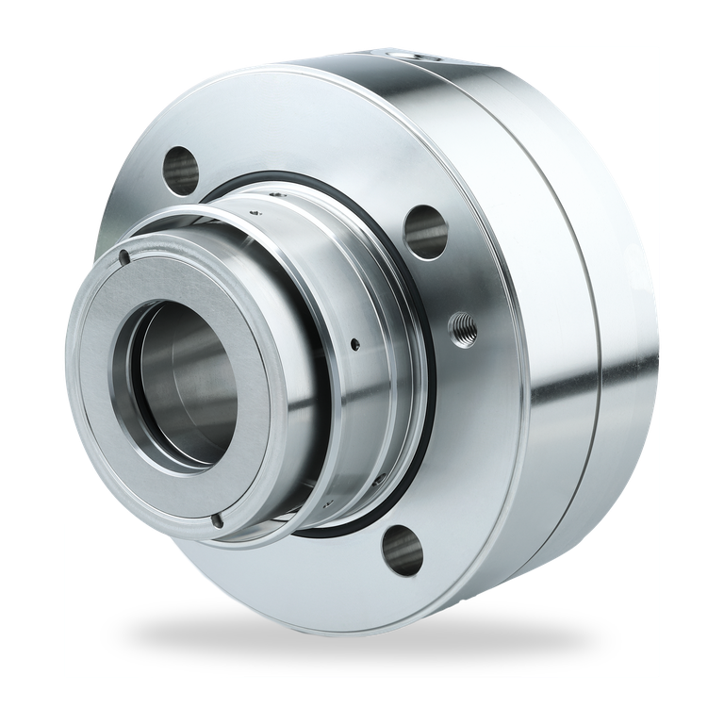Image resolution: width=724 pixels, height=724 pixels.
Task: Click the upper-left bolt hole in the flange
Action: coord(181,168)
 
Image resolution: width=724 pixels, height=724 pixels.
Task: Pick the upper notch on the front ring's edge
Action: coord(123,257)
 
